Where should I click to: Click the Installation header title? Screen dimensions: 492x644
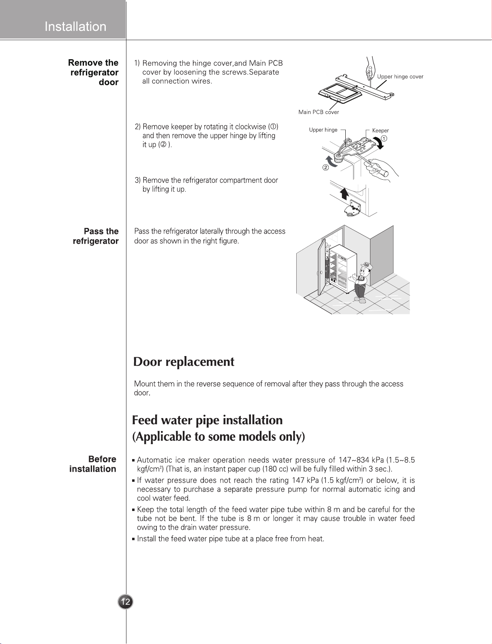[x=75, y=27]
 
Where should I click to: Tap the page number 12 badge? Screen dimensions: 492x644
[x=126, y=602]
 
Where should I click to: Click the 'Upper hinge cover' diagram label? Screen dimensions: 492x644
[x=400, y=77]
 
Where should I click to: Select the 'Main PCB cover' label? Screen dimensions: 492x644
[x=319, y=112]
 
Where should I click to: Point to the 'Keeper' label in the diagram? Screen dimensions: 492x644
[x=380, y=131]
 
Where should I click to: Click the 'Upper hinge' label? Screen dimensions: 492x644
[x=323, y=130]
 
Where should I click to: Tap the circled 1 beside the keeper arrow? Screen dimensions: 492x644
[x=384, y=138]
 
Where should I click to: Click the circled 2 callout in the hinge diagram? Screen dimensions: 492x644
[x=325, y=168]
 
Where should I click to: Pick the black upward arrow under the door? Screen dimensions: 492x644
[x=344, y=194]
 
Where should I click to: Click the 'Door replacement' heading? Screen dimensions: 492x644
[x=184, y=362]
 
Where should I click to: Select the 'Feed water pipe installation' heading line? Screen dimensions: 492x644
[x=207, y=420]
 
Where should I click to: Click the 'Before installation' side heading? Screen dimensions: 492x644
[x=93, y=464]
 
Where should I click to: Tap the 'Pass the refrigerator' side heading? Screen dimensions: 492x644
[x=96, y=236]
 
